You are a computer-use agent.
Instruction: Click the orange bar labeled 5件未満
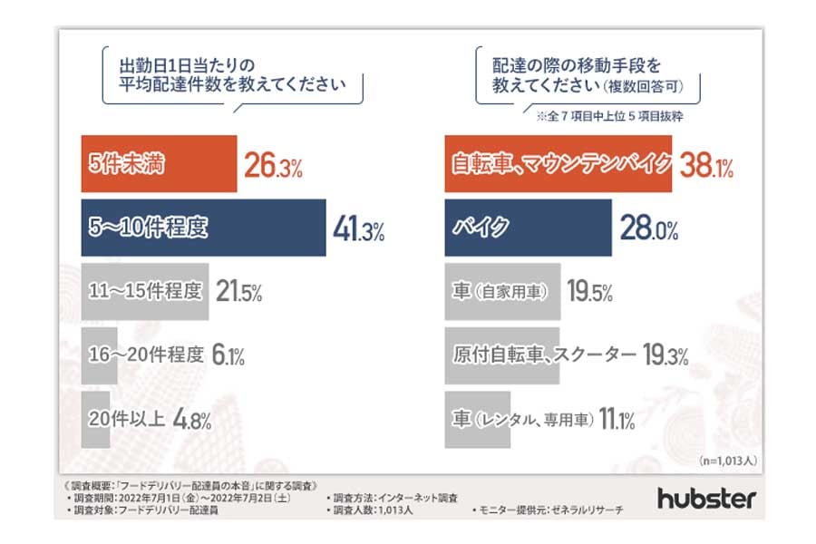click(x=159, y=165)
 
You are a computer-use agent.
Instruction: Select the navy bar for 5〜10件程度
click(x=203, y=228)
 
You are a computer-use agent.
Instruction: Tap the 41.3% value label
click(x=358, y=229)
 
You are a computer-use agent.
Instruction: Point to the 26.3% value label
click(x=273, y=166)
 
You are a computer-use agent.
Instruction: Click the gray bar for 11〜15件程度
click(x=145, y=292)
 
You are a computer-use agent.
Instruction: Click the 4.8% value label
click(x=192, y=419)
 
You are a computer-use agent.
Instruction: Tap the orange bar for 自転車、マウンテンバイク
click(x=559, y=165)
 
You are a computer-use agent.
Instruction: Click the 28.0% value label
click(x=649, y=229)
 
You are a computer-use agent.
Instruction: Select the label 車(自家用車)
click(x=500, y=292)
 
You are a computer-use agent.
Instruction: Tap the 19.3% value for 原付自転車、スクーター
click(x=665, y=355)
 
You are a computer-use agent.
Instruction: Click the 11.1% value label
click(x=617, y=419)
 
